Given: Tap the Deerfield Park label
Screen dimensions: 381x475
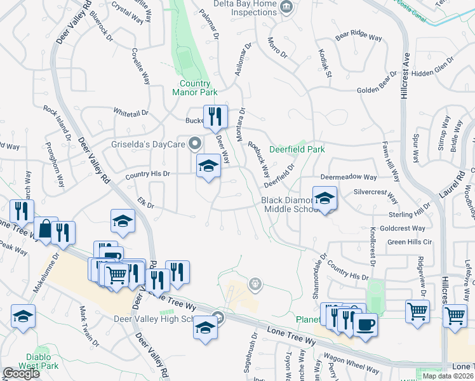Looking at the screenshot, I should [x=297, y=150].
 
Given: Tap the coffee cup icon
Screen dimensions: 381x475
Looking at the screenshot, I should [x=365, y=326].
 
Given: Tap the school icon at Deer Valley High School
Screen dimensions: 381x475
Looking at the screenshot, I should [x=205, y=328].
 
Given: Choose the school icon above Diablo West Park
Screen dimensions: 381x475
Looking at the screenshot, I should [x=23, y=316].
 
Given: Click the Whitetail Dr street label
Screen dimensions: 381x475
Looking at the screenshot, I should [x=131, y=112].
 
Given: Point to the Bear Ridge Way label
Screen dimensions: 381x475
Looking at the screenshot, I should [x=359, y=37].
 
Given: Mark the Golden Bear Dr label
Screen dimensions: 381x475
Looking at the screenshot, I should [x=377, y=90].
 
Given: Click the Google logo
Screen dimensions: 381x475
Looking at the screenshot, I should [x=21, y=373].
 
